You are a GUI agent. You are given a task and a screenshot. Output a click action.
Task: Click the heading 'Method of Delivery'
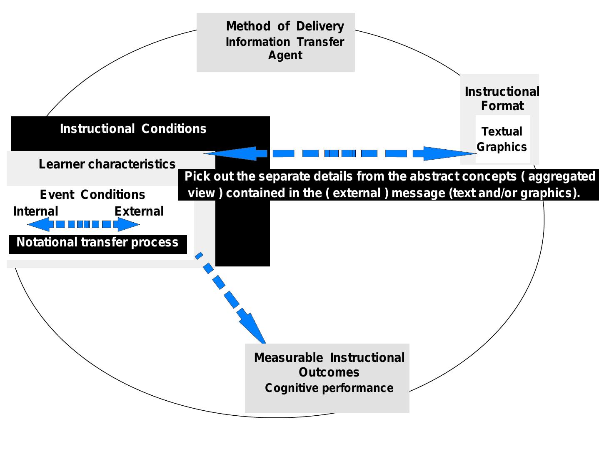[285, 26]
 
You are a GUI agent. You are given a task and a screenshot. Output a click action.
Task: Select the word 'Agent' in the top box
[285, 55]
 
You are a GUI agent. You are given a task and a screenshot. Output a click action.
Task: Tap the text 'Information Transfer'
[285, 42]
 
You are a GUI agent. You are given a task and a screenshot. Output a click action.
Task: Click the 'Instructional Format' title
[502, 98]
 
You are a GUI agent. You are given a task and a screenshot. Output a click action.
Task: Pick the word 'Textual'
[502, 131]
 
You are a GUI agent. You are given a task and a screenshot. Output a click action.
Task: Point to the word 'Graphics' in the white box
[502, 147]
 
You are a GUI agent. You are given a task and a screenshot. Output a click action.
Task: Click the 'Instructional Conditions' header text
[133, 128]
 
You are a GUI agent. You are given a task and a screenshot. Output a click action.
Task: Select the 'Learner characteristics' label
[107, 164]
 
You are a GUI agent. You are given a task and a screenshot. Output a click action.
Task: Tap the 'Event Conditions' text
[92, 194]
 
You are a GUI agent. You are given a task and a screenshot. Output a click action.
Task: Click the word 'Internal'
[35, 211]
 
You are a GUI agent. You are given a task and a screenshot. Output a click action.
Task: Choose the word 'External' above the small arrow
[139, 211]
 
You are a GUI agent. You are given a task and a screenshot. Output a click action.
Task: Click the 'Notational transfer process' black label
[97, 242]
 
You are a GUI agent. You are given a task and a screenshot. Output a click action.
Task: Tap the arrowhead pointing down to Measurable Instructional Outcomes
[254, 328]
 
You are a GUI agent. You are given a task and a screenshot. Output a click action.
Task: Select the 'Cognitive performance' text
[329, 388]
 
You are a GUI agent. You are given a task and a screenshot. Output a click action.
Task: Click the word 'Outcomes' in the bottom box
[329, 372]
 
